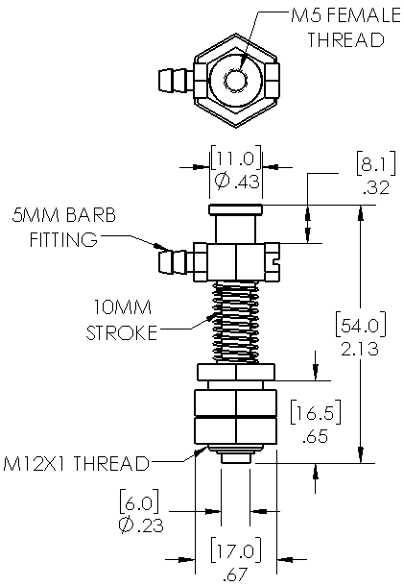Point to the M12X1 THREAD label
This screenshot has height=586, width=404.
(76, 464)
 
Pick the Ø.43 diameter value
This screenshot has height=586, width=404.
(235, 181)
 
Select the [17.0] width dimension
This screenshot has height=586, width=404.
(234, 552)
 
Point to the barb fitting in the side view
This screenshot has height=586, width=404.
(173, 259)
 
